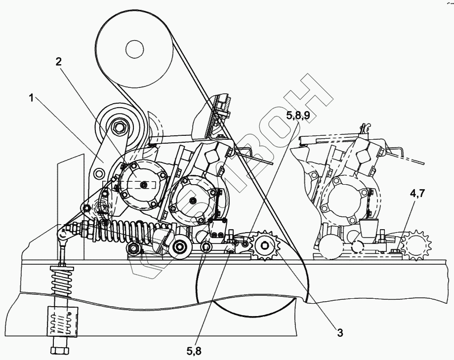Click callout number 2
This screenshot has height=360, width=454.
(58, 62)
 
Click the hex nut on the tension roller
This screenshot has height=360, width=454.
(121, 127)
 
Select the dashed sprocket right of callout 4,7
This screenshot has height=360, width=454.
(416, 245)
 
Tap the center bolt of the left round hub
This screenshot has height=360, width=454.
(143, 184)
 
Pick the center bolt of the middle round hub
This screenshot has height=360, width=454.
(192, 200)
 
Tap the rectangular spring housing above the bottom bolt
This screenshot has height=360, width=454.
(62, 321)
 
